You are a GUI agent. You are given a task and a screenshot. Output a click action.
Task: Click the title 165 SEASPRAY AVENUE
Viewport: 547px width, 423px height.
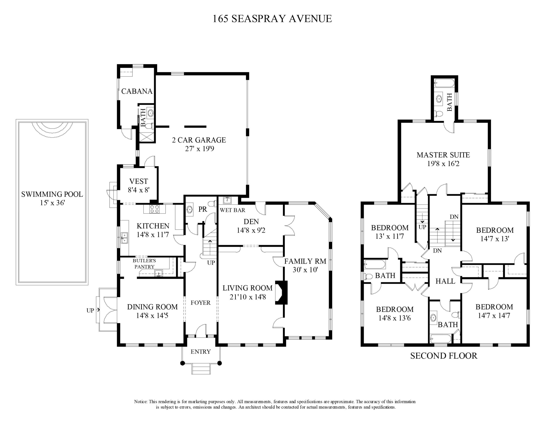click(x=272, y=19)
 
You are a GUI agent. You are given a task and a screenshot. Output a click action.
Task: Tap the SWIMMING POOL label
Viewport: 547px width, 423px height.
click(x=52, y=194)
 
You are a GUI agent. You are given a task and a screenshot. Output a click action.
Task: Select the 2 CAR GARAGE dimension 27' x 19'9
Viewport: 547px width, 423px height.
click(x=199, y=149)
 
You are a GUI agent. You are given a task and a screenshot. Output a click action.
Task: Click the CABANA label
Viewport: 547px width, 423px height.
click(x=137, y=91)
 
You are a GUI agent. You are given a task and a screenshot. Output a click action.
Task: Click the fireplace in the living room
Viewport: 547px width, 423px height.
click(x=281, y=292)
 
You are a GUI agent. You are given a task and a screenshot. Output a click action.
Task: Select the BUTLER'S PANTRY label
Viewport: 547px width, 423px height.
click(x=144, y=264)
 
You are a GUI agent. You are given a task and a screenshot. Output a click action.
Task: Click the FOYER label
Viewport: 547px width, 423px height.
click(x=200, y=303)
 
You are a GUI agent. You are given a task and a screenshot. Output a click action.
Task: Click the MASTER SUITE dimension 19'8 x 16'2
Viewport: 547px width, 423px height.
click(x=443, y=164)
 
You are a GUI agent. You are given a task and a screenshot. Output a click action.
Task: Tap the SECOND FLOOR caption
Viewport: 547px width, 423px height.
click(x=443, y=356)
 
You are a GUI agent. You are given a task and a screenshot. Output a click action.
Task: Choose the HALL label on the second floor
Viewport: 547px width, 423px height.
click(x=445, y=281)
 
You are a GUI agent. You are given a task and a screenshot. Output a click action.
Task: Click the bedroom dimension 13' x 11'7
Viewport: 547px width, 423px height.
click(x=389, y=236)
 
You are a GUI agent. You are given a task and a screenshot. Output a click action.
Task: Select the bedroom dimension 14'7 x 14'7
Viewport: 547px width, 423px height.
click(x=494, y=315)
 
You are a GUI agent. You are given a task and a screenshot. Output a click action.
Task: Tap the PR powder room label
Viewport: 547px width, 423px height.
click(x=203, y=209)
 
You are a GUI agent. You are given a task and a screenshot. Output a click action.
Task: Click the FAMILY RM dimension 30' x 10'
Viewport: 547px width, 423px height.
click(x=305, y=270)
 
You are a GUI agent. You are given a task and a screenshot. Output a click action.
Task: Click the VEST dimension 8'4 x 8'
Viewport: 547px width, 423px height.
click(x=139, y=190)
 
